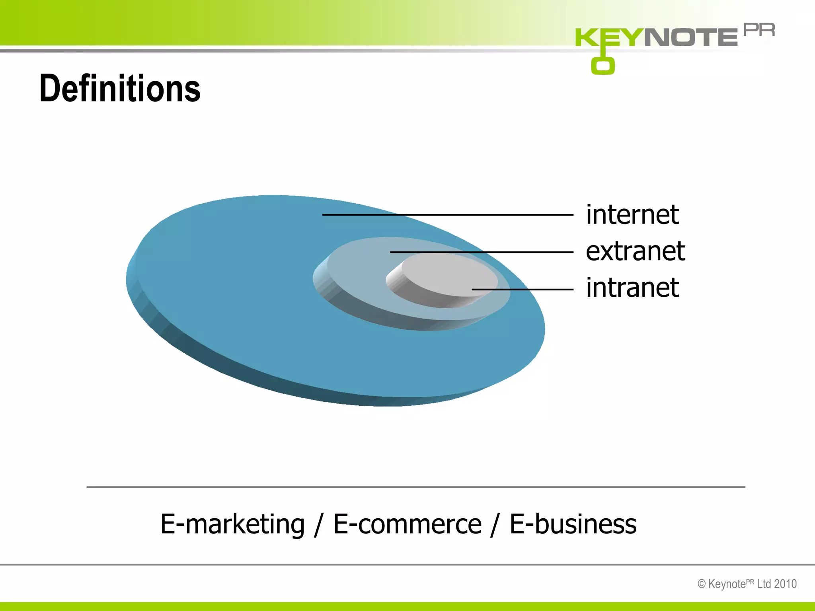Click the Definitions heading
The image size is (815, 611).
pos(120,88)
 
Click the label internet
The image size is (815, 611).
pos(632,215)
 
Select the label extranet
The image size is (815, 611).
pos(635,251)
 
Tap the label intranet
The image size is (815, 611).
pos(632,288)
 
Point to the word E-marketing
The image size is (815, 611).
pos(232,524)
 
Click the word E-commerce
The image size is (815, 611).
pos(407,524)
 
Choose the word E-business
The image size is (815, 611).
pos(573,524)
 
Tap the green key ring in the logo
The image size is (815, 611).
pos(602,66)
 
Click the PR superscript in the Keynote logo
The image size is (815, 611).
pos(759,30)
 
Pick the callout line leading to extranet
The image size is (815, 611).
pos(482,252)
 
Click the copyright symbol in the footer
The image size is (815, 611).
pos(702,584)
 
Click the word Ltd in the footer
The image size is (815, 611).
pos(764,584)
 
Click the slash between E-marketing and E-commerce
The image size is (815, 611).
pos(318,525)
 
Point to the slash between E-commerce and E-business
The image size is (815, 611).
pos(495,525)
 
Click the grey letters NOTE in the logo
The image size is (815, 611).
pos(691,37)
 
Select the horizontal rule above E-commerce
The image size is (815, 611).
pos(415,487)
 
